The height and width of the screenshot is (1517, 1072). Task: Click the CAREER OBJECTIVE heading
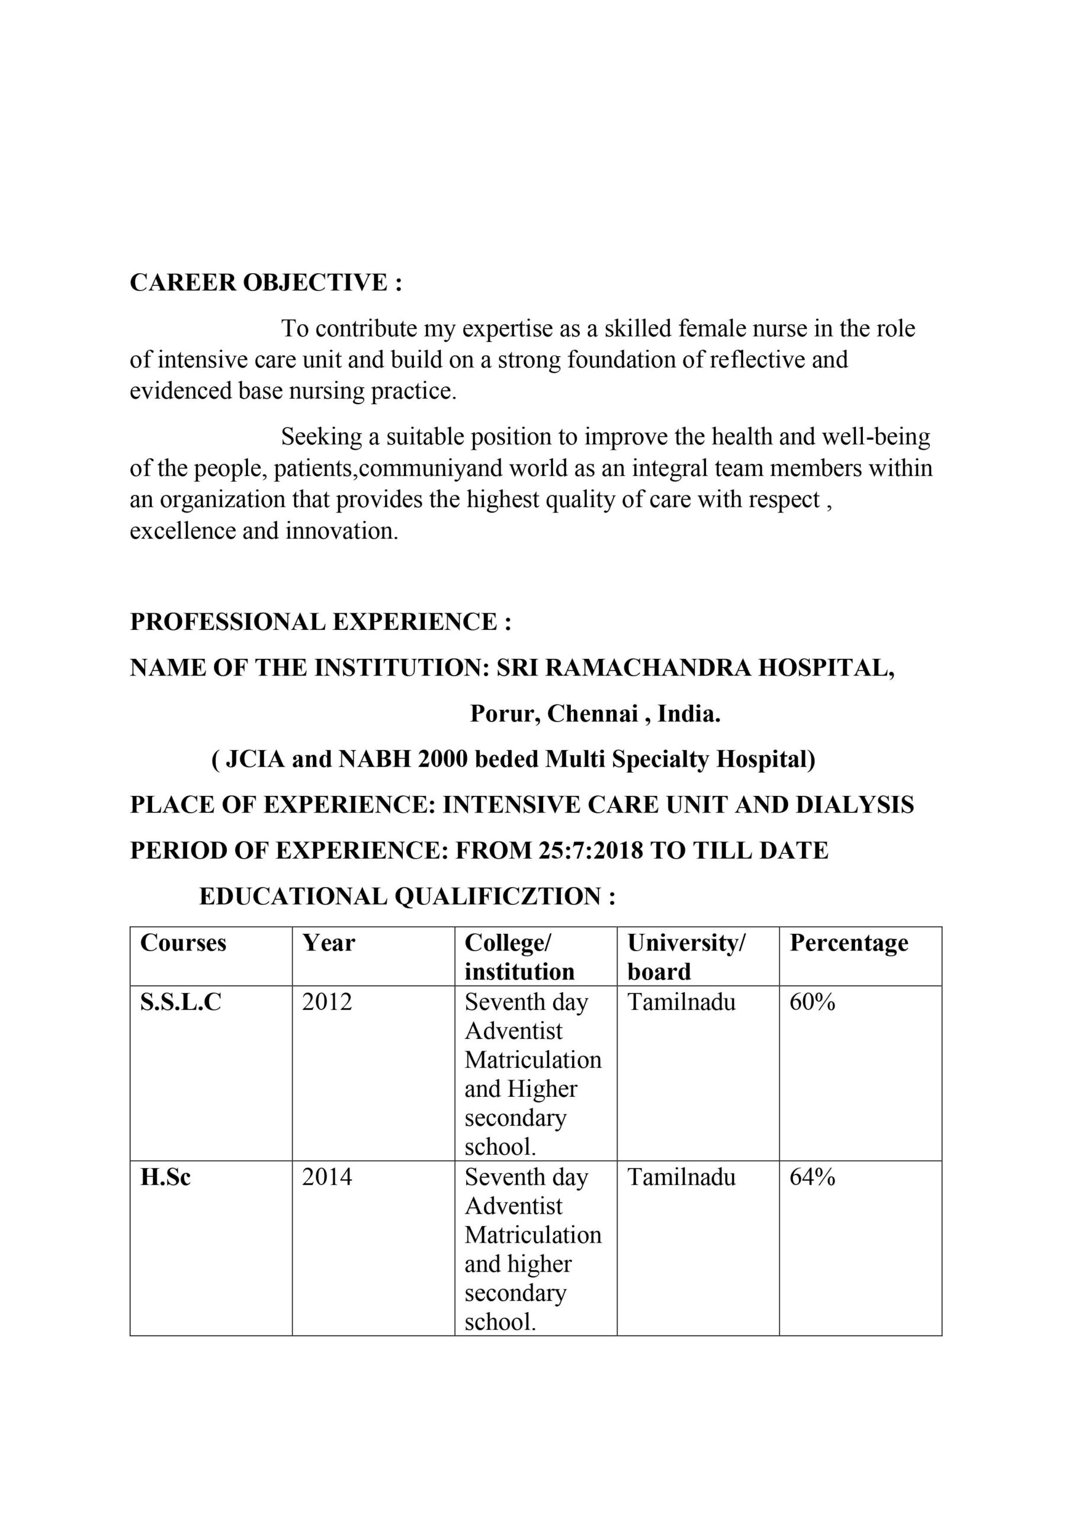click(x=265, y=282)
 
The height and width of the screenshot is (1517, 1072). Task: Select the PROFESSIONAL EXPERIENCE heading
click(x=320, y=622)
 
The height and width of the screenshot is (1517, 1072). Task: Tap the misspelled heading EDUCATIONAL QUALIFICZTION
click(x=407, y=897)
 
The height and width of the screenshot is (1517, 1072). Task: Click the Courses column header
click(x=183, y=943)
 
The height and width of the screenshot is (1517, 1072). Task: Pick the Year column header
click(x=328, y=943)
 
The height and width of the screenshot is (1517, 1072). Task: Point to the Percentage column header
click(x=849, y=943)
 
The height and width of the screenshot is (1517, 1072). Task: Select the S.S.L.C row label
click(x=180, y=1002)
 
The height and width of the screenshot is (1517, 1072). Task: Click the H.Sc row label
click(x=165, y=1177)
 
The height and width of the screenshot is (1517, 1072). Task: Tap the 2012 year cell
click(x=327, y=1002)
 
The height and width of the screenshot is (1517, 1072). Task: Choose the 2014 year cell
click(x=327, y=1177)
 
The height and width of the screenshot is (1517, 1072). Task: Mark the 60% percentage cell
click(x=812, y=1002)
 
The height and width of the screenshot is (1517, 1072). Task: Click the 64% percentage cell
click(x=812, y=1177)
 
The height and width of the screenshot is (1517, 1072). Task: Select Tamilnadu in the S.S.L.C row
click(x=681, y=1002)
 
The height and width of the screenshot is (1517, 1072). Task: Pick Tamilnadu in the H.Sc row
click(x=681, y=1177)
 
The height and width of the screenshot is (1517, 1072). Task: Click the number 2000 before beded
click(x=443, y=759)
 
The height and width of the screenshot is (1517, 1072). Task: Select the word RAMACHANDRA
click(x=649, y=668)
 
